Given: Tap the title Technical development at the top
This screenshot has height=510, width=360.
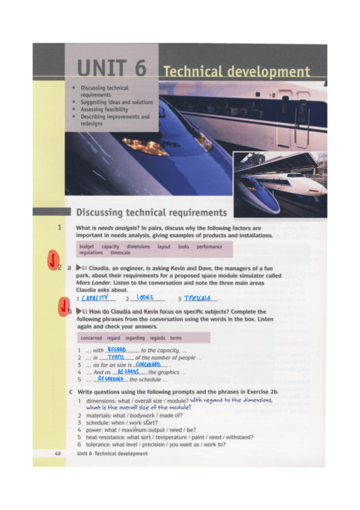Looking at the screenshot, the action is (236, 72).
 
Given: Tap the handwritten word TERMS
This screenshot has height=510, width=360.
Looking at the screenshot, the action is (115, 357).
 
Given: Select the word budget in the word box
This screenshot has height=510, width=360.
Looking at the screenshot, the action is (88, 247).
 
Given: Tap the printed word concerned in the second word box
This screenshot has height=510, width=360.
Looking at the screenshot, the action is (91, 338).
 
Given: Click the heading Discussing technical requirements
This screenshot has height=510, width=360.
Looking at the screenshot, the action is (151, 212).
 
